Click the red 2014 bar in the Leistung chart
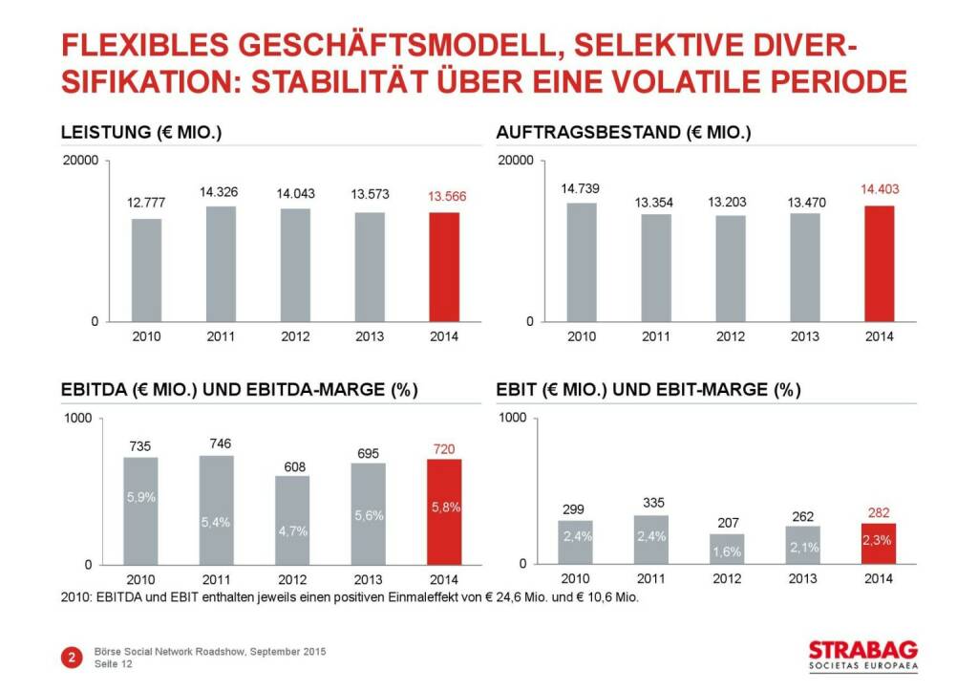pyautogui.click(x=444, y=267)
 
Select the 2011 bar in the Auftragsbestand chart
pyautogui.click(x=656, y=268)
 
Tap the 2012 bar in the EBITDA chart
pyautogui.click(x=293, y=520)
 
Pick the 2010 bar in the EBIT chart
pyautogui.click(x=574, y=542)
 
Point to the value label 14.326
pyautogui.click(x=219, y=192)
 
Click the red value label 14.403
pyautogui.click(x=880, y=189)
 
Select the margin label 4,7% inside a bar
pyautogui.click(x=293, y=531)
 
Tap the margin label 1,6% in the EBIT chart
pyautogui.click(x=725, y=551)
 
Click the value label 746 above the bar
pyautogui.click(x=219, y=443)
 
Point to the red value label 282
pyautogui.click(x=878, y=513)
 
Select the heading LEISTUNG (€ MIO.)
pyautogui.click(x=141, y=134)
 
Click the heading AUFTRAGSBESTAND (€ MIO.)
pyautogui.click(x=624, y=134)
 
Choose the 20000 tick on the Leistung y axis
pyautogui.click(x=81, y=161)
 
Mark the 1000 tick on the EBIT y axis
pyautogui.click(x=514, y=418)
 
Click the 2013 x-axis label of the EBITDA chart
pyautogui.click(x=369, y=579)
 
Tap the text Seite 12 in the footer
pyautogui.click(x=115, y=665)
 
